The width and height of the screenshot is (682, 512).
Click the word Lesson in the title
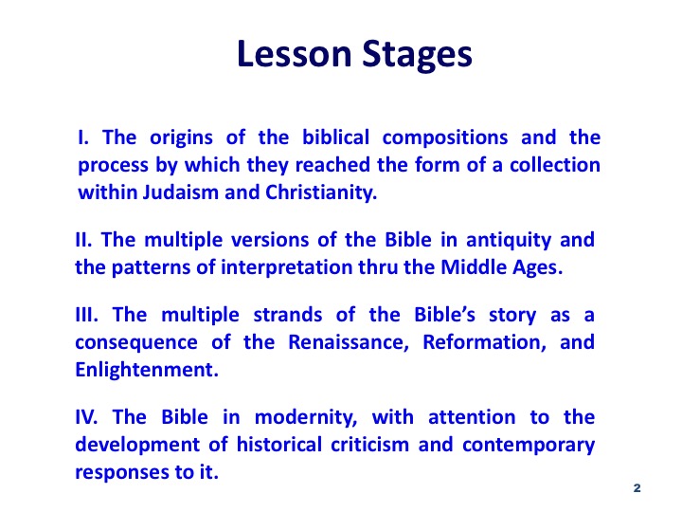click(x=295, y=53)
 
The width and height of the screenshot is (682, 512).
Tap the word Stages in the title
click(x=417, y=56)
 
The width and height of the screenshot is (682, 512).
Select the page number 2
click(x=637, y=488)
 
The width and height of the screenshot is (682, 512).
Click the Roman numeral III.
click(x=86, y=315)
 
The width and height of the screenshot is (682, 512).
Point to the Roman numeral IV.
click(x=86, y=416)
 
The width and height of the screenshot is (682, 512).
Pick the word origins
click(x=181, y=138)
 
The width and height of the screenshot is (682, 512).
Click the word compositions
click(x=445, y=138)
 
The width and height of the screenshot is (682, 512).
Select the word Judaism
click(x=181, y=192)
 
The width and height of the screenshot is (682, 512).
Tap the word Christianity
click(x=321, y=193)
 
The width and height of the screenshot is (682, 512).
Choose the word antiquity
click(x=509, y=241)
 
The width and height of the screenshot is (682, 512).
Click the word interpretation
click(x=287, y=268)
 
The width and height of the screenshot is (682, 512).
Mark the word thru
click(x=378, y=266)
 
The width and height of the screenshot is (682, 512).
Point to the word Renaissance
click(x=349, y=342)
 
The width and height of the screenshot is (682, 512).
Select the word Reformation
click(x=485, y=342)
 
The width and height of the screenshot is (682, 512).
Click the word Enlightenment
click(x=147, y=370)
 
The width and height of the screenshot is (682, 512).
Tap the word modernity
click(x=306, y=418)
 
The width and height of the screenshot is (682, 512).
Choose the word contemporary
click(x=528, y=446)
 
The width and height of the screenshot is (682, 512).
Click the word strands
click(x=288, y=315)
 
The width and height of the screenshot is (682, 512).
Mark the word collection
click(x=555, y=165)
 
